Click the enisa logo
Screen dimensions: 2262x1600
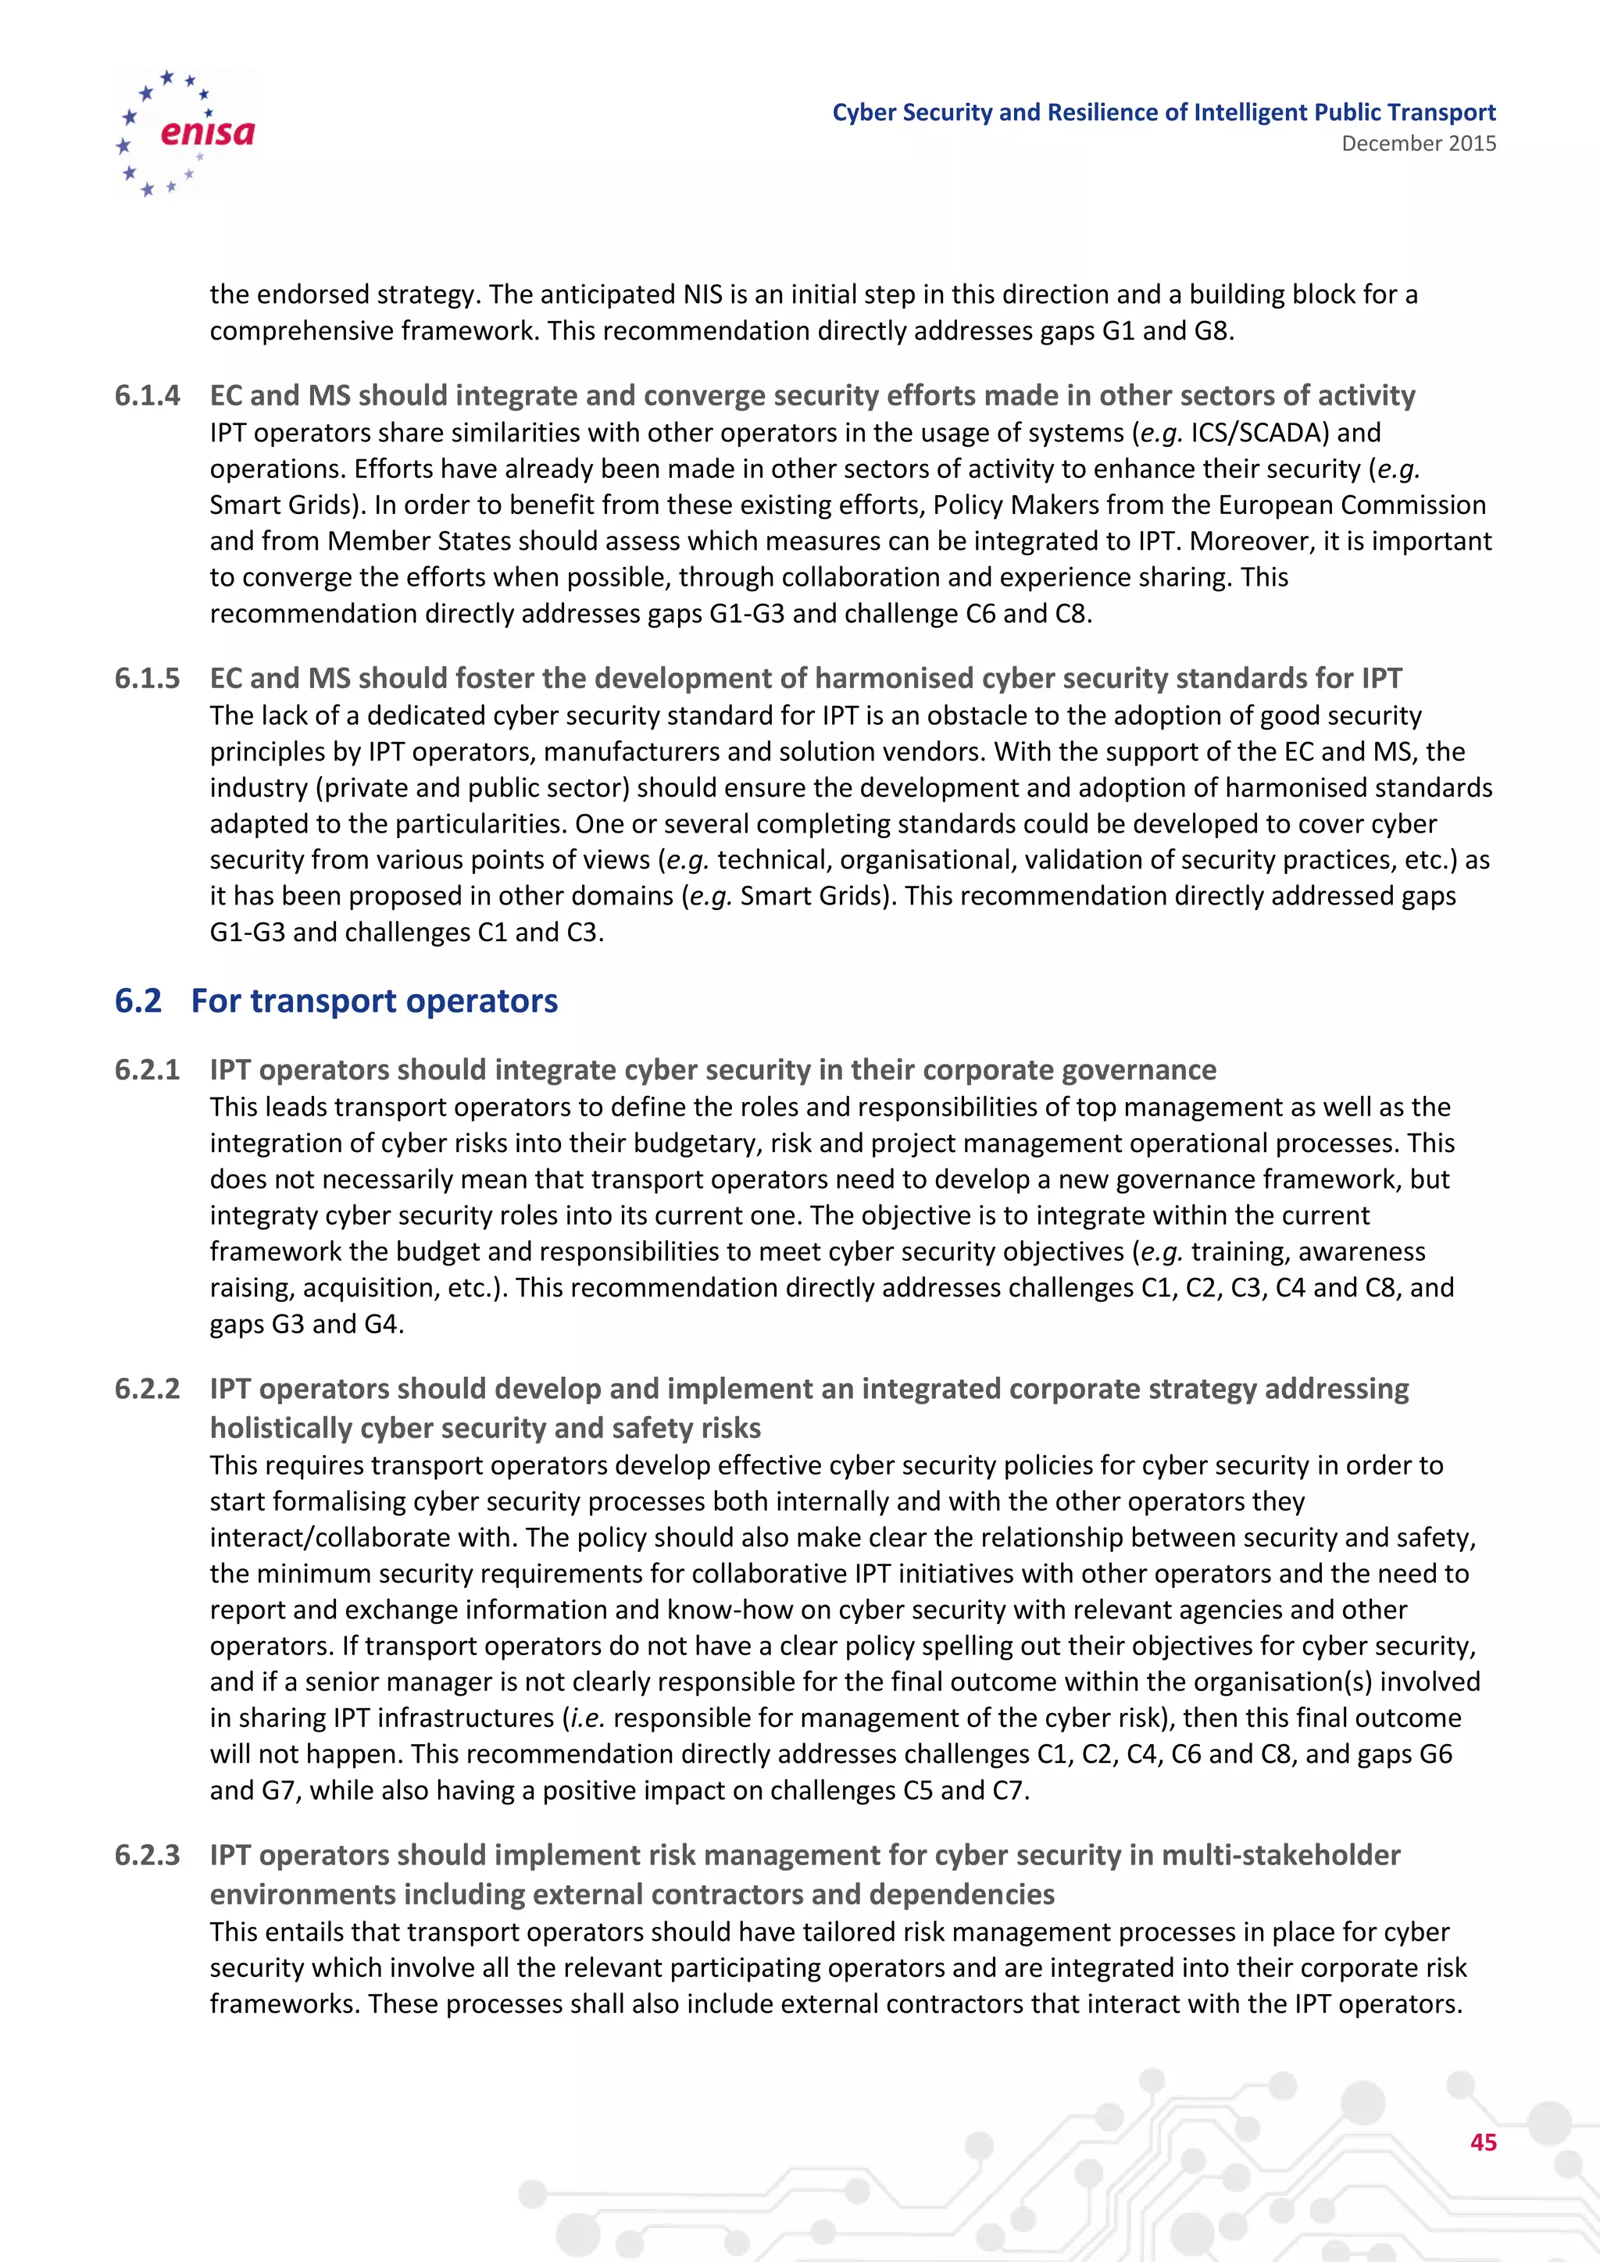coord(185,132)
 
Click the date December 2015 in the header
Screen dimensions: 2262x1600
coord(1418,144)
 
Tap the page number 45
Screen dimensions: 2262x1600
coord(1483,2142)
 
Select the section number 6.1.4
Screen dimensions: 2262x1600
coord(147,396)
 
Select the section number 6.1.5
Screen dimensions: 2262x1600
coord(147,679)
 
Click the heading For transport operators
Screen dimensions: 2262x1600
coord(374,1001)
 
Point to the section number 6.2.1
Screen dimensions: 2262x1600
coord(147,1070)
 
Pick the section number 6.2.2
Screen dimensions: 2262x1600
coord(147,1389)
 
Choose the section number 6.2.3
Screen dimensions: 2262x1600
coord(147,1855)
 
